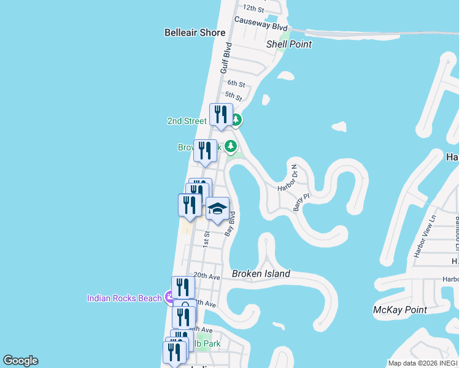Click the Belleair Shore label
pyautogui.click(x=195, y=33)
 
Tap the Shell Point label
pyautogui.click(x=289, y=44)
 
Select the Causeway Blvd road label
pyautogui.click(x=261, y=28)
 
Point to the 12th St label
pyautogui.click(x=253, y=9)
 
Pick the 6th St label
pyautogui.click(x=236, y=83)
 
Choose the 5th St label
pyautogui.click(x=233, y=96)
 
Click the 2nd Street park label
pyautogui.click(x=187, y=121)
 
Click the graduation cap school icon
pyautogui.click(x=217, y=209)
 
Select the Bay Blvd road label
pyautogui.click(x=230, y=224)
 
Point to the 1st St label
pyautogui.click(x=207, y=238)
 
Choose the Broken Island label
pyautogui.click(x=261, y=274)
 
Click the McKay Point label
pyautogui.click(x=400, y=310)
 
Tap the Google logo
pyautogui.click(x=20, y=361)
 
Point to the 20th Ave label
pyautogui.click(x=207, y=276)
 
